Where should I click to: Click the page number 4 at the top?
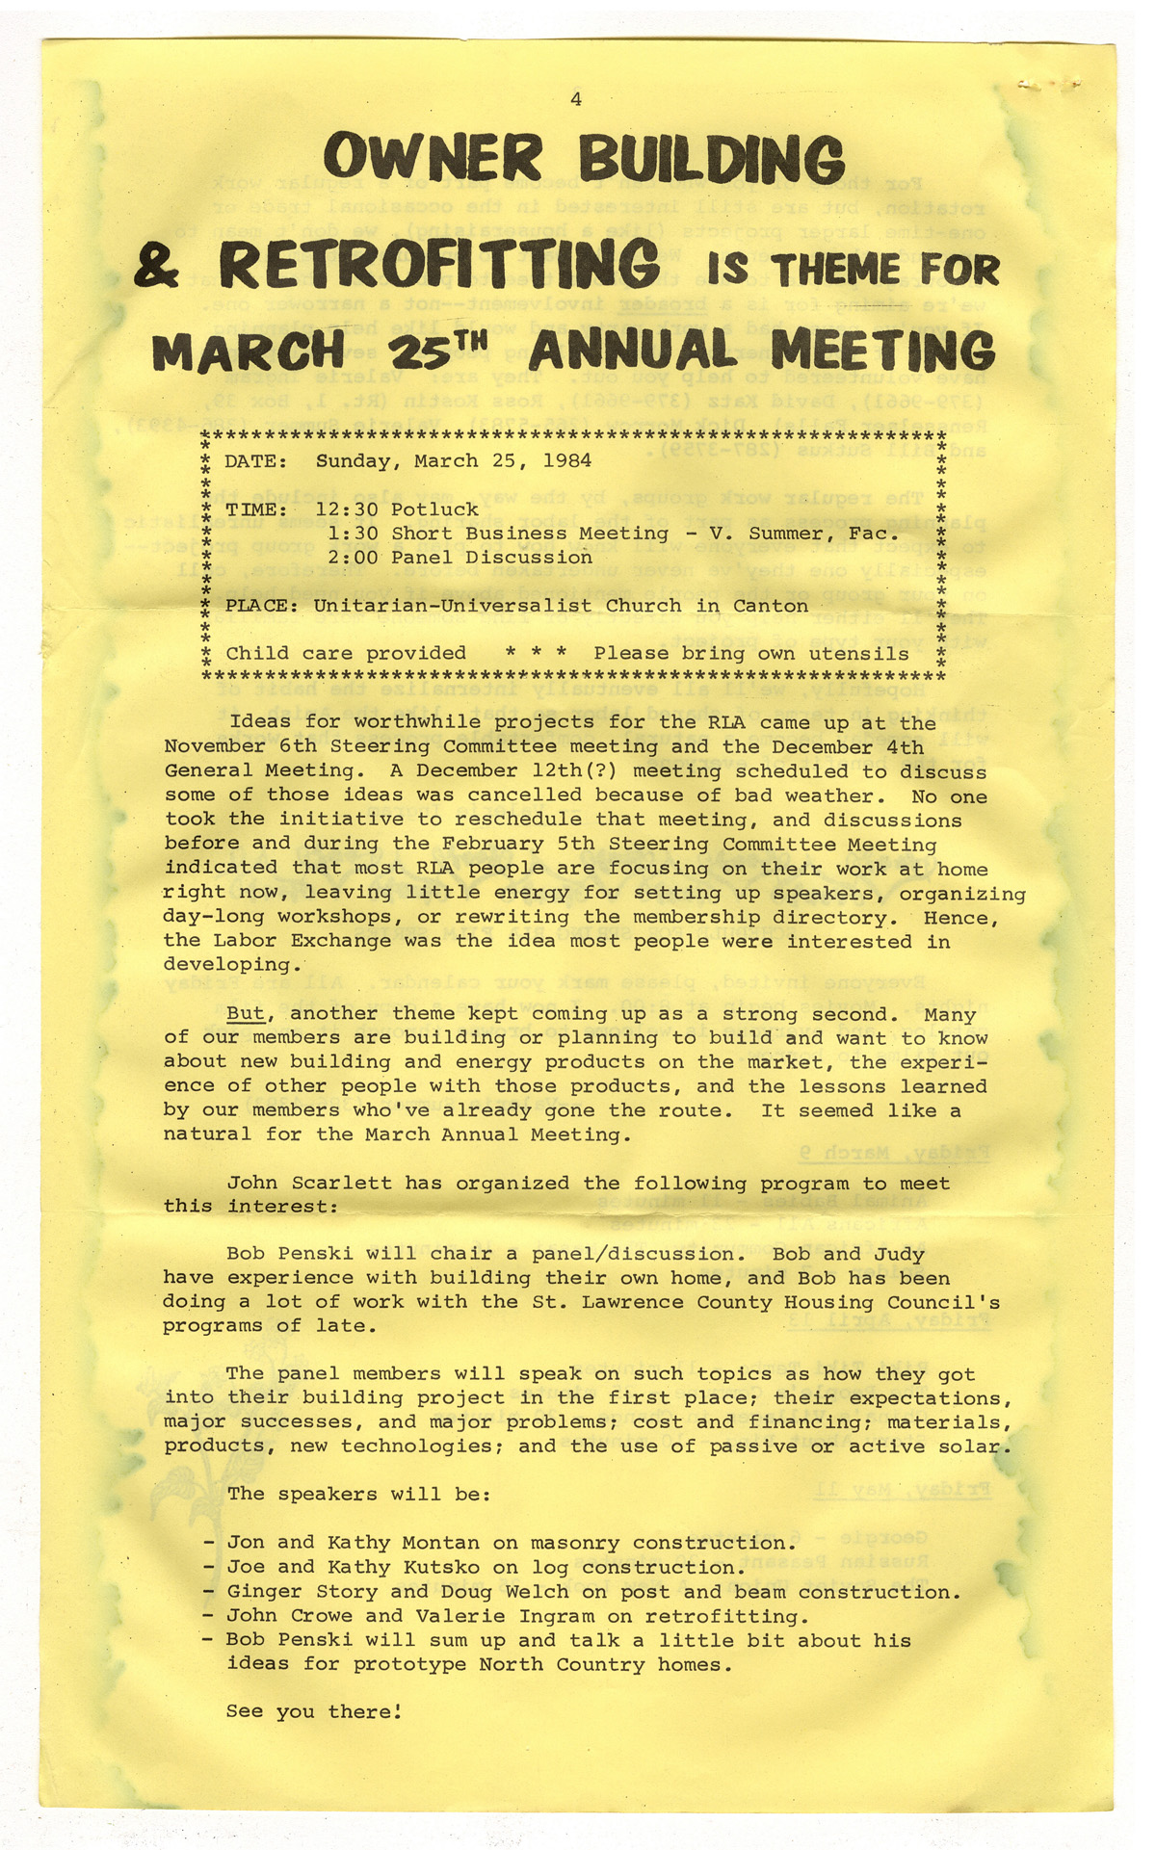(x=575, y=98)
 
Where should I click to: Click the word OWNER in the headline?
(x=433, y=160)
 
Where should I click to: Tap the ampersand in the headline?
(x=156, y=267)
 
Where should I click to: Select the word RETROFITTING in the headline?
(x=439, y=265)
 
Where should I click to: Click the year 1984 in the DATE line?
(x=567, y=460)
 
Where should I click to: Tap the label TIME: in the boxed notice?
(x=256, y=509)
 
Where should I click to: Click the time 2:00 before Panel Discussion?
(x=353, y=558)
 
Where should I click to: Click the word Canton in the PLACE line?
(x=770, y=606)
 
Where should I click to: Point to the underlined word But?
(x=246, y=1013)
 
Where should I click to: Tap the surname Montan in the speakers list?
(x=440, y=1543)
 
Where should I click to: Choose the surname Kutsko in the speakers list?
(x=440, y=1567)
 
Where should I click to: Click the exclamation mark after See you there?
(x=397, y=1711)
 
